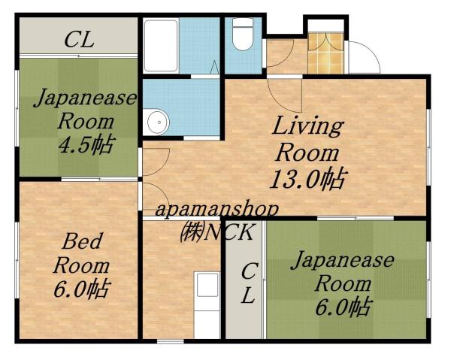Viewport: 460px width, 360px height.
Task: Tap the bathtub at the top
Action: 160,44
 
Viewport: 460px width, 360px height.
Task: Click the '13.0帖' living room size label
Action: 308,179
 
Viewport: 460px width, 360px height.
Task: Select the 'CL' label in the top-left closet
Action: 78,40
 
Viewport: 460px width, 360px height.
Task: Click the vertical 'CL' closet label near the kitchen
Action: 249,283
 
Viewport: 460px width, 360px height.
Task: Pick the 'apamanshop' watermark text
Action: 217,210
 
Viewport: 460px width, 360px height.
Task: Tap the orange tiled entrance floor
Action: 325,53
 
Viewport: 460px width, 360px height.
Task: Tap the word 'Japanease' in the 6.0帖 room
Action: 342,262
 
